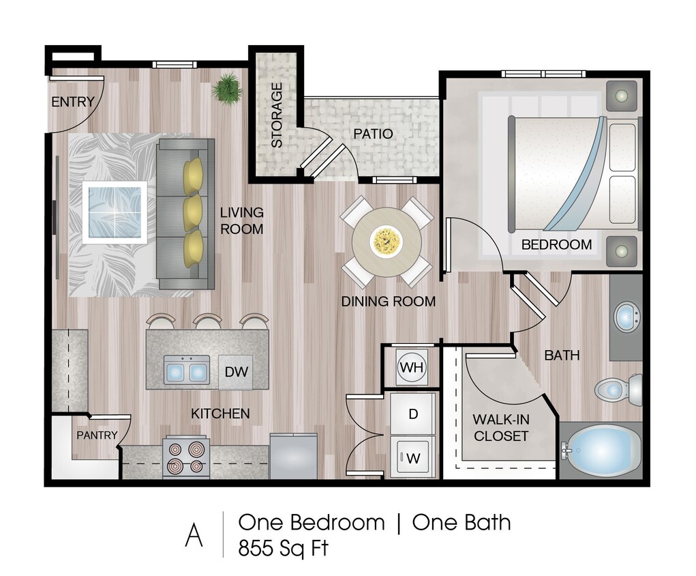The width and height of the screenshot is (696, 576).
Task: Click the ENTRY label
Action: click(73, 102)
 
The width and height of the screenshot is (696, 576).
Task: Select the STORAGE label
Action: click(277, 115)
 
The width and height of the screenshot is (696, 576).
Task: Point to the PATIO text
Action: click(373, 134)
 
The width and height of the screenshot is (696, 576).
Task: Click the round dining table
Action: click(387, 242)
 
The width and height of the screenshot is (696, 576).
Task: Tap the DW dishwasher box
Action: click(236, 373)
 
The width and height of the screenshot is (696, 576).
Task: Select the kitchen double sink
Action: click(186, 371)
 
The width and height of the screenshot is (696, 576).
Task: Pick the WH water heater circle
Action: click(412, 367)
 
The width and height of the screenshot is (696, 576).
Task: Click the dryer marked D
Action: click(412, 414)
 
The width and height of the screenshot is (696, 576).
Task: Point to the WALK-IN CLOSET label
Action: click(500, 427)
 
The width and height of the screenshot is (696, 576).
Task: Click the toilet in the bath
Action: click(617, 390)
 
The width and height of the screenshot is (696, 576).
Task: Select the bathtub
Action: click(603, 450)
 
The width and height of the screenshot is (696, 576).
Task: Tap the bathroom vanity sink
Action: click(626, 316)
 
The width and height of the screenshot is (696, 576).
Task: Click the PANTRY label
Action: click(97, 435)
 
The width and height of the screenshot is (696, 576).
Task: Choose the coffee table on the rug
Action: click(115, 212)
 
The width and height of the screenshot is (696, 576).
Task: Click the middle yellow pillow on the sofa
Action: click(193, 212)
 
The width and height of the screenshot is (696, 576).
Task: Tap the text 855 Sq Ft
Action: click(283, 547)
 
